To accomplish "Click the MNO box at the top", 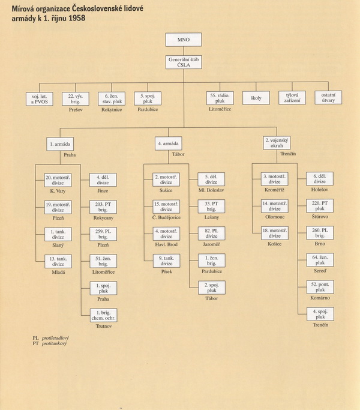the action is pyautogui.click(x=184, y=40).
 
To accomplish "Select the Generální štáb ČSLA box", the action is pyautogui.click(x=184, y=62).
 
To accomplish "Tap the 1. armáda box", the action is pyautogui.click(x=60, y=144).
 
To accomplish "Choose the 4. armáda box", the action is pyautogui.click(x=169, y=143).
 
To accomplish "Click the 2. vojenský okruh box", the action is pyautogui.click(x=277, y=143).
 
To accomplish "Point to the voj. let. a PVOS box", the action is pyautogui.click(x=40, y=99).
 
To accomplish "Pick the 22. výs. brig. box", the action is pyautogui.click(x=76, y=99).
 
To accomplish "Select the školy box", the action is pyautogui.click(x=256, y=98).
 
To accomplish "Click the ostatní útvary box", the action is pyautogui.click(x=328, y=97).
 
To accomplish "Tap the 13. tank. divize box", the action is pyautogui.click(x=58, y=262).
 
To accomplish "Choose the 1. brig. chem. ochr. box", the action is pyautogui.click(x=104, y=315).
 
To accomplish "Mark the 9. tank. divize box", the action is pyautogui.click(x=167, y=261).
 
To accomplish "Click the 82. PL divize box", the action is pyautogui.click(x=212, y=234).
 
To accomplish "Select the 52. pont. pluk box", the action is pyautogui.click(x=320, y=287).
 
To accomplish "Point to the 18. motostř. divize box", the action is pyautogui.click(x=275, y=234).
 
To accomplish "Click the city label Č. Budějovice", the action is pyautogui.click(x=167, y=217).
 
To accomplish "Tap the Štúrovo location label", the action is pyautogui.click(x=320, y=217).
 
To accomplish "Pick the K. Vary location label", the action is pyautogui.click(x=58, y=191).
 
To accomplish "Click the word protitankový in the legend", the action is pyautogui.click(x=54, y=343).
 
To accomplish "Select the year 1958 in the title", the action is pyautogui.click(x=77, y=18).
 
